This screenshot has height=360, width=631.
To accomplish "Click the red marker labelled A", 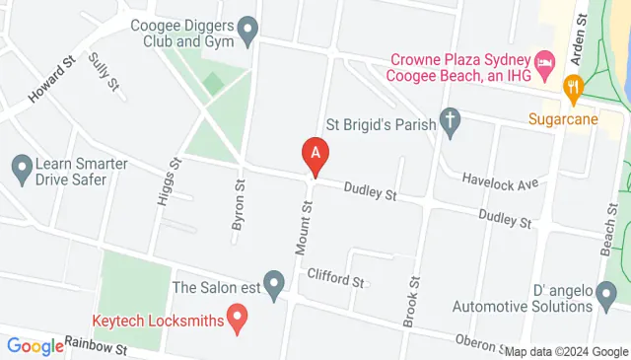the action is [315, 155].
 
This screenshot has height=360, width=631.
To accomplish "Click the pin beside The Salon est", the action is [274, 287].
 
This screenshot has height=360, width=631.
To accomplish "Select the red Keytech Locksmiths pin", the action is [237, 318].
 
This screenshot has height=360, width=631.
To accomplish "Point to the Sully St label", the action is [103, 73].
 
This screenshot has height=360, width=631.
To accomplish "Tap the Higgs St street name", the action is [166, 181].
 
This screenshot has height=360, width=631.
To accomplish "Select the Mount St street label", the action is [305, 225].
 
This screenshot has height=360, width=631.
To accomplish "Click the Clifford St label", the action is [335, 278].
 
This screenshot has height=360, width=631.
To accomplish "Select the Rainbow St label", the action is [97, 346].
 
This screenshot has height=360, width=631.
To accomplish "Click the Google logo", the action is [35, 346].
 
